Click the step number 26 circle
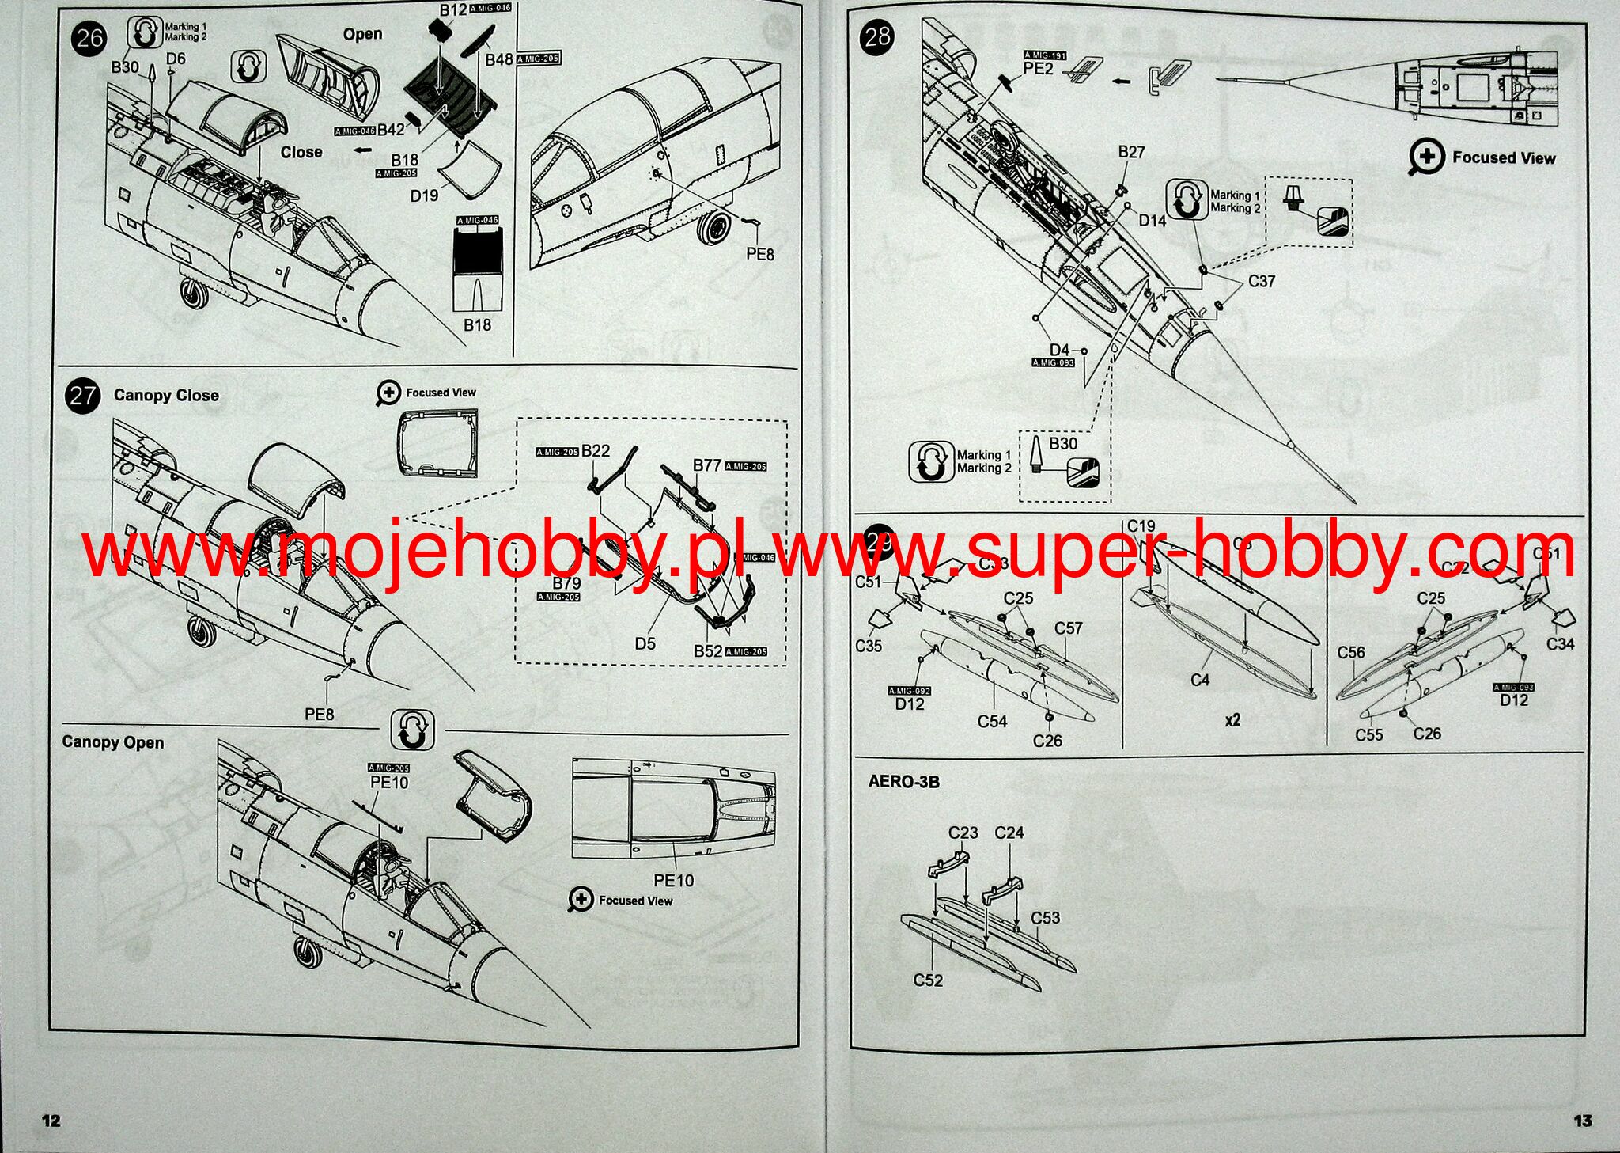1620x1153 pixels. click(89, 38)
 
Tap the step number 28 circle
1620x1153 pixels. click(877, 37)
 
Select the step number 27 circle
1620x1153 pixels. click(83, 396)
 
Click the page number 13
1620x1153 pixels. click(1582, 1120)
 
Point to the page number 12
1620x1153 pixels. click(51, 1120)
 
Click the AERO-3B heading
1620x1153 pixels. click(904, 782)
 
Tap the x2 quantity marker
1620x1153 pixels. click(1232, 720)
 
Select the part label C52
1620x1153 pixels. click(928, 980)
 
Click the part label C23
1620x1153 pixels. click(963, 833)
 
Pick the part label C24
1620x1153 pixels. click(1009, 833)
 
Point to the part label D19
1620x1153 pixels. click(424, 195)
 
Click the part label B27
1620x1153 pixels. click(1131, 152)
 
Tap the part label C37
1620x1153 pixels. click(1262, 281)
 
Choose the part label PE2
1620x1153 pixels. click(1039, 69)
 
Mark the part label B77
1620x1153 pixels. click(706, 465)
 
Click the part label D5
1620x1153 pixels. click(645, 643)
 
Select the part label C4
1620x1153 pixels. click(1200, 680)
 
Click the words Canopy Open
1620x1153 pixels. click(113, 742)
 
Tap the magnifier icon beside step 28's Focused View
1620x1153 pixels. click(1426, 158)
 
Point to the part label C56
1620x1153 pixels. click(1351, 653)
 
